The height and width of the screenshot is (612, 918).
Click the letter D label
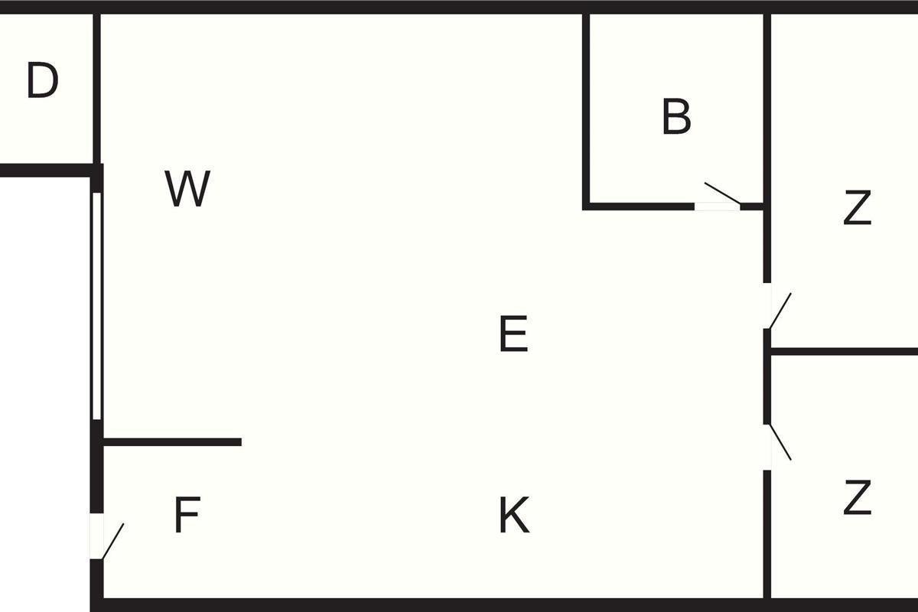click(x=43, y=80)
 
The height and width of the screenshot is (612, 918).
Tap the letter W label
click(x=187, y=189)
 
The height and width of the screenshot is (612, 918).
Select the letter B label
click(x=676, y=117)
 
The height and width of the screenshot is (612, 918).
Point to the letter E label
click(x=513, y=335)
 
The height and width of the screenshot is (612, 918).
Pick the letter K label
click(x=513, y=516)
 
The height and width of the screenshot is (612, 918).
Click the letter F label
click(x=187, y=516)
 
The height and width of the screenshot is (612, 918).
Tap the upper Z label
click(x=857, y=208)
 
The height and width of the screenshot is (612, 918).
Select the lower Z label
click(x=857, y=499)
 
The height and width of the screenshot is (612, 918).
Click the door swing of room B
click(x=721, y=194)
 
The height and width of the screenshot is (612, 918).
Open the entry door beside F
click(x=111, y=539)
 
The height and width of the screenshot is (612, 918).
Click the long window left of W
click(x=96, y=306)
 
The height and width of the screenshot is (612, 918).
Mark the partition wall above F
click(x=172, y=442)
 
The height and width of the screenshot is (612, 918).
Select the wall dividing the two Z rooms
click(x=841, y=352)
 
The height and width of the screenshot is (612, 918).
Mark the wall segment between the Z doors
click(x=767, y=376)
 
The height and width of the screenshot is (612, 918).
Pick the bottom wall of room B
click(x=639, y=206)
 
